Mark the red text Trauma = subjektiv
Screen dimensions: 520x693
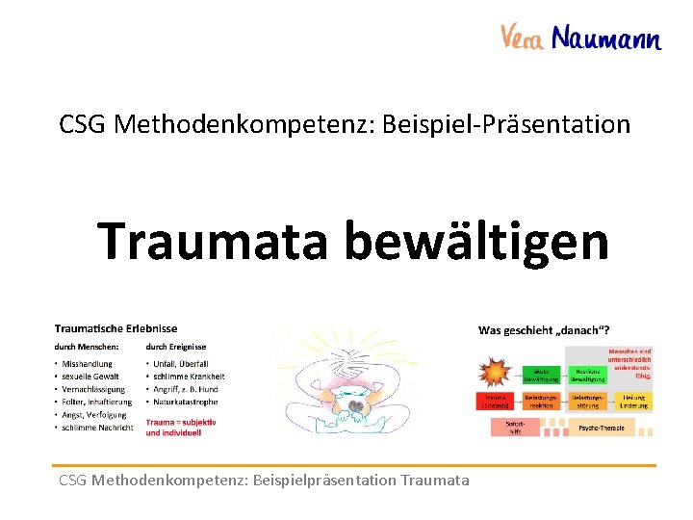[181, 422]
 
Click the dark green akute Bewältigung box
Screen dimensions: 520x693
[542, 375]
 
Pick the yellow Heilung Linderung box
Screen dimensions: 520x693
[633, 401]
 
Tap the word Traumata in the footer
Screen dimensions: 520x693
[435, 480]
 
